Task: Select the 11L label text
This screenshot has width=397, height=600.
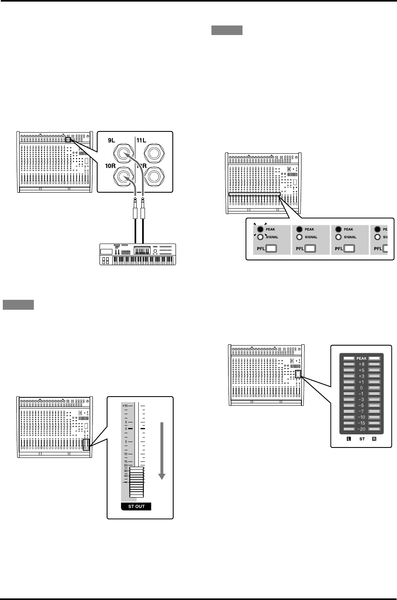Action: [142, 140]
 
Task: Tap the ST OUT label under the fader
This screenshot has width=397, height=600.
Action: [136, 506]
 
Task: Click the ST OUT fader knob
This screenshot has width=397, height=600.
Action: [136, 482]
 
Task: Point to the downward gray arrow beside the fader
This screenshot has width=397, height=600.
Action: [162, 450]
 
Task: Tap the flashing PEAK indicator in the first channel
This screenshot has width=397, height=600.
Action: [260, 229]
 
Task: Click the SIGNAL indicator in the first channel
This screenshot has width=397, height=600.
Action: [260, 237]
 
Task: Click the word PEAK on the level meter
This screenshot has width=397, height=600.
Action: [361, 358]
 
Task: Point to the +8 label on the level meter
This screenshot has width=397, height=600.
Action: [361, 364]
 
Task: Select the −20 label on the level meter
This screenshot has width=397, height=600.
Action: [361, 429]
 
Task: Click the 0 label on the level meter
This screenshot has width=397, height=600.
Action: [361, 388]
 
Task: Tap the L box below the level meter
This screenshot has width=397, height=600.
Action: [349, 440]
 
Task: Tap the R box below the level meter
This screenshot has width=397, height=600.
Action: [374, 440]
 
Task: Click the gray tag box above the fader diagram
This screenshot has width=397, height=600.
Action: [18, 305]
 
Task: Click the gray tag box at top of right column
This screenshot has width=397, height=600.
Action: [227, 30]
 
